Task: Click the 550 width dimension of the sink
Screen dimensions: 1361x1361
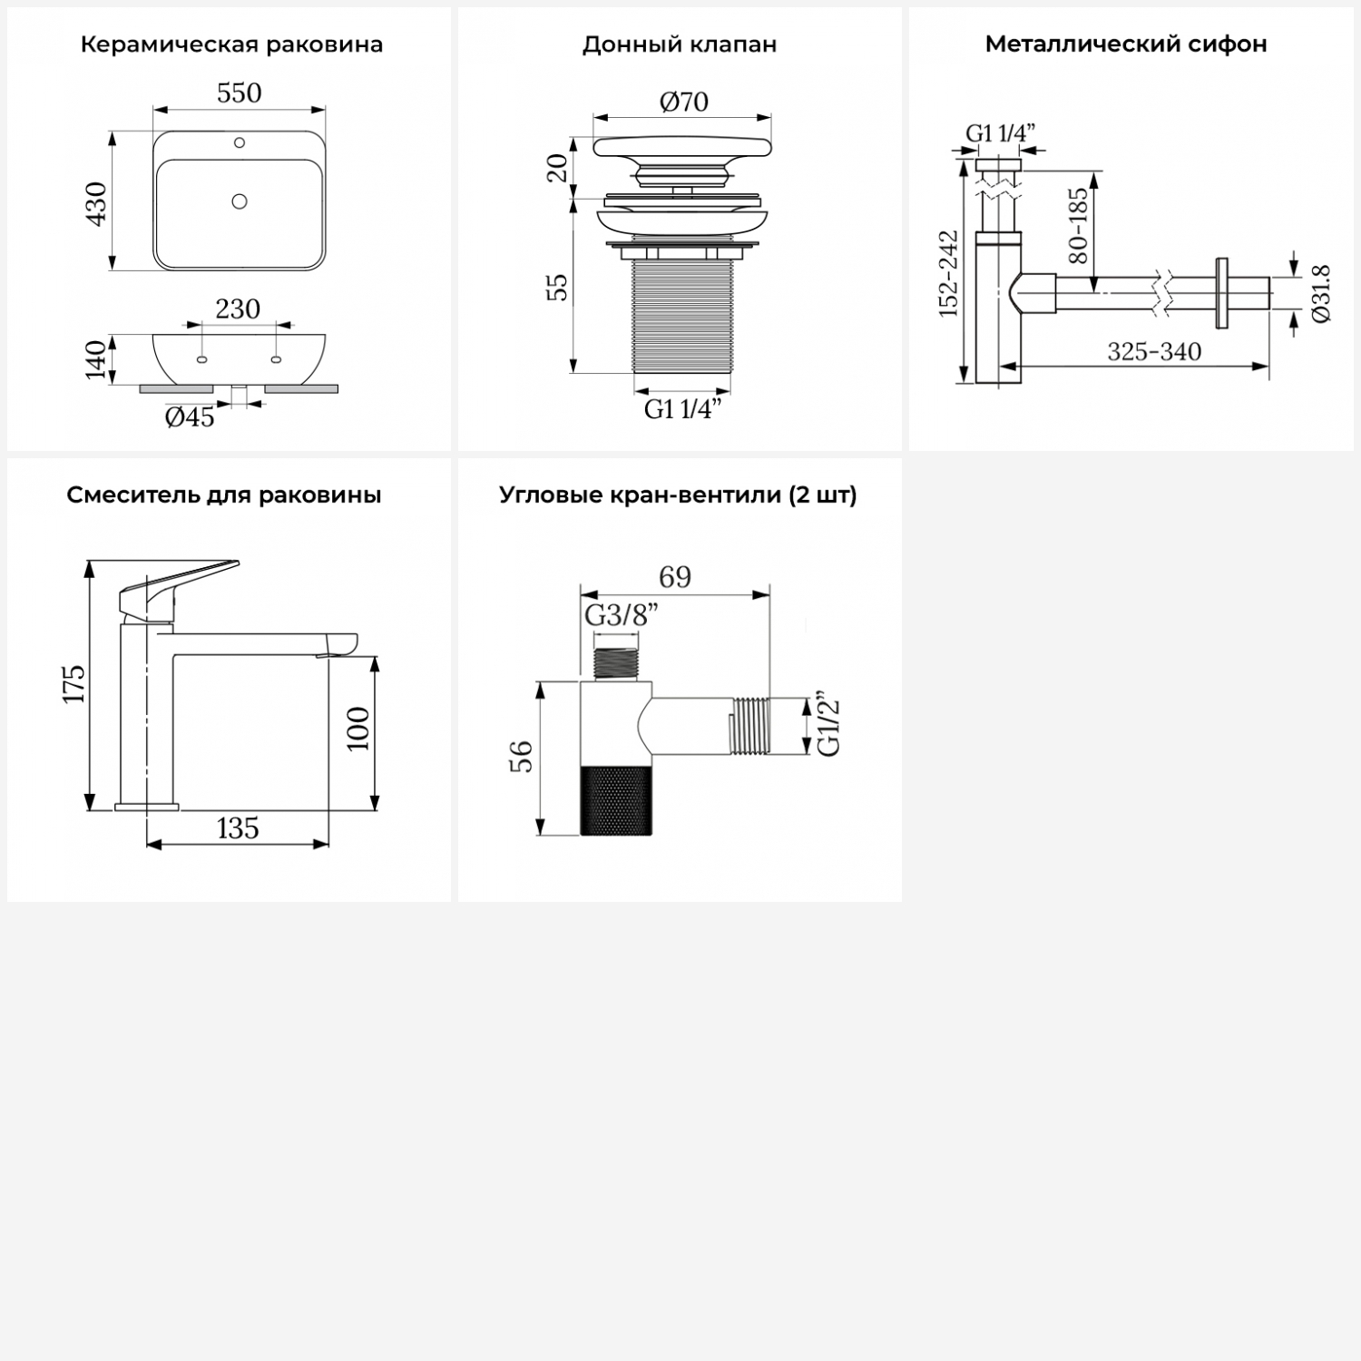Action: click(240, 93)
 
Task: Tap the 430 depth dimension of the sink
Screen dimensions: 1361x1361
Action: click(96, 203)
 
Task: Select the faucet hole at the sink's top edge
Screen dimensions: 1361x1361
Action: click(240, 142)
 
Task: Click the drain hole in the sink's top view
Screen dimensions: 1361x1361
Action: click(240, 201)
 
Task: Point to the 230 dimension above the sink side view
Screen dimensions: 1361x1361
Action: click(238, 309)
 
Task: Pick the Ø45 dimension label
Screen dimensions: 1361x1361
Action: click(190, 416)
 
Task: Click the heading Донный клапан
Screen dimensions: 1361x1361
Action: click(680, 44)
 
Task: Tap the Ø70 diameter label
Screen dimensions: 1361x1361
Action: click(683, 102)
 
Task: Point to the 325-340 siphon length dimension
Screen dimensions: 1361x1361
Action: click(1154, 351)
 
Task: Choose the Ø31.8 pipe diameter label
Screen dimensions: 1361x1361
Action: click(1321, 293)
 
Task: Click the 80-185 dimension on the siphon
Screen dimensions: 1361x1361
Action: click(1078, 225)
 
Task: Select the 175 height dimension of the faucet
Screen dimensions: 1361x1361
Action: click(74, 683)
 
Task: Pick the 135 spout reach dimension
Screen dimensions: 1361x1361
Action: click(238, 827)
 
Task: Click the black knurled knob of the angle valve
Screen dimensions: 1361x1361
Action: click(615, 799)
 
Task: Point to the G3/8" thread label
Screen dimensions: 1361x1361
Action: click(621, 615)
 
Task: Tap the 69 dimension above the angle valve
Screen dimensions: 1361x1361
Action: click(675, 577)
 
